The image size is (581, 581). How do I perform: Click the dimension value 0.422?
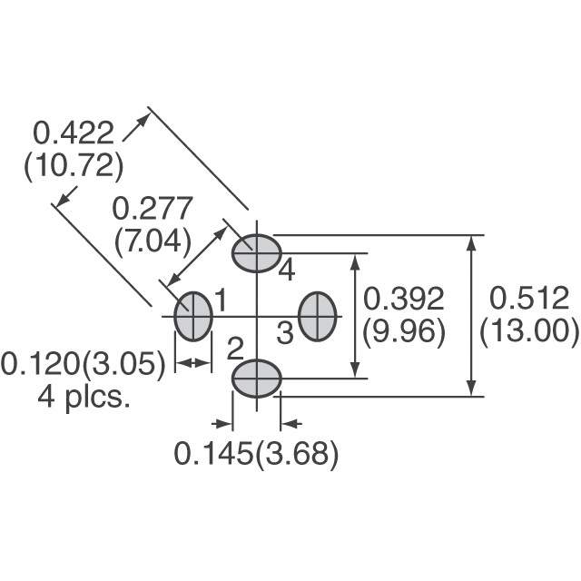coord(74,134)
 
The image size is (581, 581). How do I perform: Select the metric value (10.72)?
coord(73,167)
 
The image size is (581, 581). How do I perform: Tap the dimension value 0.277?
coord(152,209)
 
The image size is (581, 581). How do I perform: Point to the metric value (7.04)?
coord(152,241)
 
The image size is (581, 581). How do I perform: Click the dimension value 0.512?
coord(529,299)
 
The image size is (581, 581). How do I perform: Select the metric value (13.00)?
coord(529,332)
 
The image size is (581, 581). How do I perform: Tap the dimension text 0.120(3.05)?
coord(84,364)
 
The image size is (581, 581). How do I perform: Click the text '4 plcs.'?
coord(84,397)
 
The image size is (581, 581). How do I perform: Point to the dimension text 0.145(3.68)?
coord(256,454)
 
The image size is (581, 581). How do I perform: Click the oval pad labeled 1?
coord(192,316)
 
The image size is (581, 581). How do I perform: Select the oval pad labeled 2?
coord(256,377)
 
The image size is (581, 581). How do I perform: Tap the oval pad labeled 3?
coord(318,316)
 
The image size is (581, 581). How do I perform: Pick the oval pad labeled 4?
coord(256,253)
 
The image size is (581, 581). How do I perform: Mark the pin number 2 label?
coord(234,347)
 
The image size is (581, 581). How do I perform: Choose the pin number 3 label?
coord(285,334)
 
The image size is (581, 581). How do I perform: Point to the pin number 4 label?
coord(287,270)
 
